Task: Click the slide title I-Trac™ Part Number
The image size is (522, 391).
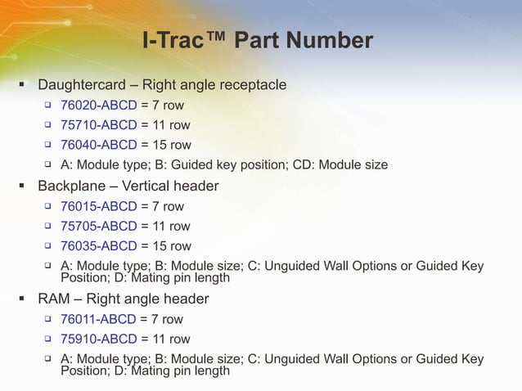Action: tap(258, 40)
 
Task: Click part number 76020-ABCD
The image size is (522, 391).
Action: tap(98, 106)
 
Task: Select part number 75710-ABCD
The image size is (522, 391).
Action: tap(98, 125)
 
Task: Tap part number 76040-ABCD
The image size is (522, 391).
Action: tap(98, 146)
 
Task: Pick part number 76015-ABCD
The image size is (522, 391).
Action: tap(98, 206)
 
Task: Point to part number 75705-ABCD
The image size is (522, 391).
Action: tap(98, 226)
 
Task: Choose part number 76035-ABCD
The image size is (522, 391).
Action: tap(98, 246)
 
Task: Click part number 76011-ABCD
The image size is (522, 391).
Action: tap(98, 319)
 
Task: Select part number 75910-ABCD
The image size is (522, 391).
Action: tap(98, 339)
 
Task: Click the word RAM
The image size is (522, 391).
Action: tap(55, 299)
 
